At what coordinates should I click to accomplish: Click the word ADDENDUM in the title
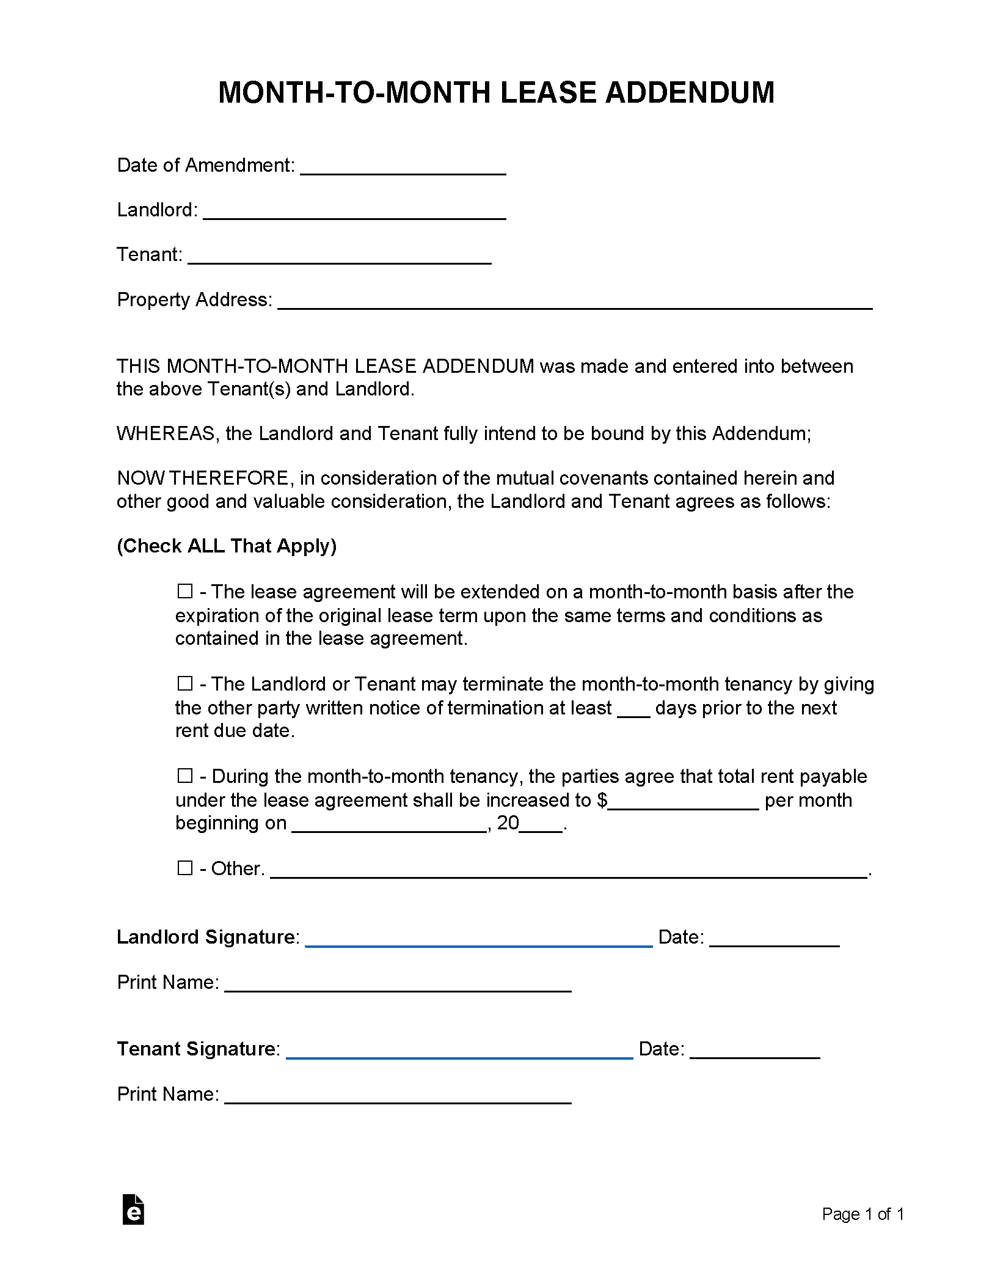[690, 93]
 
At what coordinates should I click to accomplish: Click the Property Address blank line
[575, 304]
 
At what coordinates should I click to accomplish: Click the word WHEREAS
[166, 433]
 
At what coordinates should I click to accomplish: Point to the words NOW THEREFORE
[202, 478]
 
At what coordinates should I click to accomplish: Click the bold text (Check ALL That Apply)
[227, 546]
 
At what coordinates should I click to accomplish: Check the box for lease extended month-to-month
[184, 591]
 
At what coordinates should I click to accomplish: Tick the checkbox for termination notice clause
[184, 683]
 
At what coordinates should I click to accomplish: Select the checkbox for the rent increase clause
[184, 776]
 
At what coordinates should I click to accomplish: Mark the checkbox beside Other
[184, 868]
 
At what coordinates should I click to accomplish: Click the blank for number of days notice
[633, 711]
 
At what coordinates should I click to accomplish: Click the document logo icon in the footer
[133, 1209]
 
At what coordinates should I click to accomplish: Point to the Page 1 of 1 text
[863, 1214]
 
